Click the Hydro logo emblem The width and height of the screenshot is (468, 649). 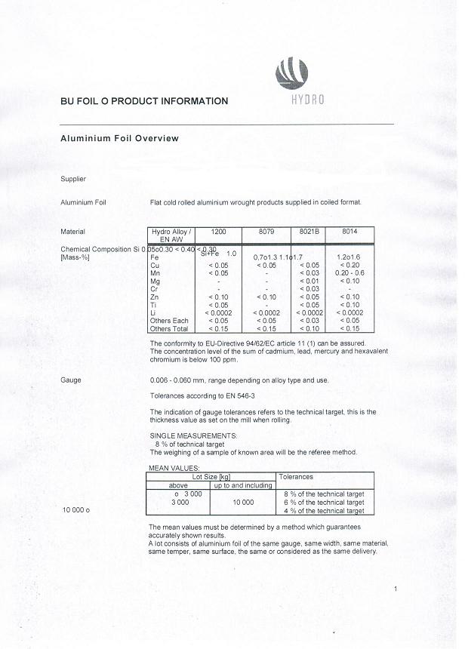294,73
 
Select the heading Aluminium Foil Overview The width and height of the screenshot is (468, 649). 119,139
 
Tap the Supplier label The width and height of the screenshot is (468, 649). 73,179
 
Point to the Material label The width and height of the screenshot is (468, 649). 72,232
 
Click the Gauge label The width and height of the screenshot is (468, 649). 70,380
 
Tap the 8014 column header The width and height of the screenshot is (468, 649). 349,232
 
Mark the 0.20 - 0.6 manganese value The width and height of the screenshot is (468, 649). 349,273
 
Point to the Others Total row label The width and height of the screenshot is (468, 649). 170,328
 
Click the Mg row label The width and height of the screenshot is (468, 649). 155,281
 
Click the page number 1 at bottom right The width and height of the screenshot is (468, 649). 396,588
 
